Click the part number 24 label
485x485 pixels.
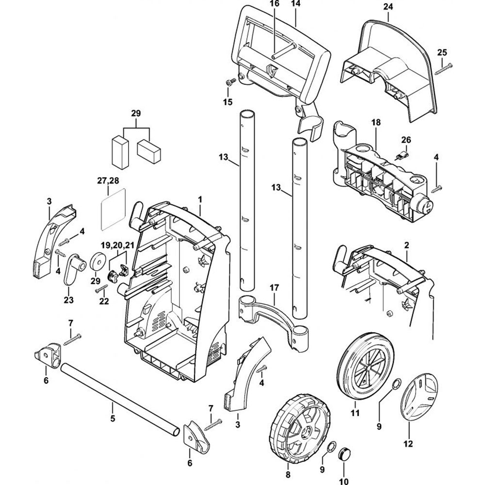(x=388, y=6)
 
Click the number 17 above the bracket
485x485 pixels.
(x=274, y=288)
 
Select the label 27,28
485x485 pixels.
(x=108, y=180)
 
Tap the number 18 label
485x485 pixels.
(x=376, y=123)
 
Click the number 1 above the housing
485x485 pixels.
(x=200, y=199)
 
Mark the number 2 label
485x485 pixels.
(x=406, y=245)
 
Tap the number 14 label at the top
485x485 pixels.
(x=295, y=4)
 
